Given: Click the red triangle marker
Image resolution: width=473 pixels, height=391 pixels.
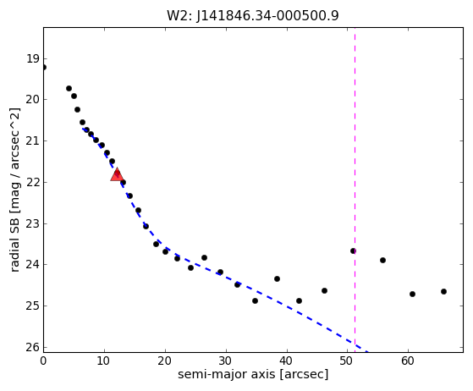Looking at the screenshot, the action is tap(117, 174).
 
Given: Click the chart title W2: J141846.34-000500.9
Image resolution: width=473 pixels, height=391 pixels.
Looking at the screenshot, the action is tap(253, 16).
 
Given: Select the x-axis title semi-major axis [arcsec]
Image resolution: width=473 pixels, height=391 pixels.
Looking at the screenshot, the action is tap(253, 374).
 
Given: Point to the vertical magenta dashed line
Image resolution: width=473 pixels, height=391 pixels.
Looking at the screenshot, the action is tap(355, 190).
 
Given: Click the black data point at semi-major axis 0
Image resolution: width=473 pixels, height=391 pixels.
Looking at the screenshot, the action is tap(44, 67).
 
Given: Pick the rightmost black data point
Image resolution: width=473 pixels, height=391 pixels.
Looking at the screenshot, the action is tap(443, 291).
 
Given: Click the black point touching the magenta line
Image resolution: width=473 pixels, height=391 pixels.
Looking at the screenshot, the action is tap(353, 251).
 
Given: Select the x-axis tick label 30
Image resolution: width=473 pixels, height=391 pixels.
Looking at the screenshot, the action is tap(226, 361).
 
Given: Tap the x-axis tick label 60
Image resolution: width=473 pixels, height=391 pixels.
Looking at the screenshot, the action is tap(408, 361).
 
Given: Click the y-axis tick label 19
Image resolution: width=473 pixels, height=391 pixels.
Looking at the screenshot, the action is tap(33, 58).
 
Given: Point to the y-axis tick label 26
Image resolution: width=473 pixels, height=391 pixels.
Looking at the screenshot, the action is tap(33, 347).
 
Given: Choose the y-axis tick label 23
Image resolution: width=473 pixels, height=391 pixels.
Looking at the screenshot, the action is tap(33, 223).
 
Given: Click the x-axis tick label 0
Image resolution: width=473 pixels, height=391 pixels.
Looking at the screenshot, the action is tap(43, 361).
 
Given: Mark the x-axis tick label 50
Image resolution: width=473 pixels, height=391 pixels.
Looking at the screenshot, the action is tap(347, 361).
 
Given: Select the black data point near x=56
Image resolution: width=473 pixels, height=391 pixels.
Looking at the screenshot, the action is tap(382, 260).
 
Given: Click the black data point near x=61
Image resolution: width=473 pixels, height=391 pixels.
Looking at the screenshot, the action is tap(412, 294).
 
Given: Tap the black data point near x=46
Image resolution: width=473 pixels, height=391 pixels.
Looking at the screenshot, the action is tap(324, 290).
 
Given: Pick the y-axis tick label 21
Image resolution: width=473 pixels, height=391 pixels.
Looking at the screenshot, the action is tap(33, 140).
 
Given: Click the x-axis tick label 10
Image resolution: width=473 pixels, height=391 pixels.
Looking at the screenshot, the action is tap(104, 361).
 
